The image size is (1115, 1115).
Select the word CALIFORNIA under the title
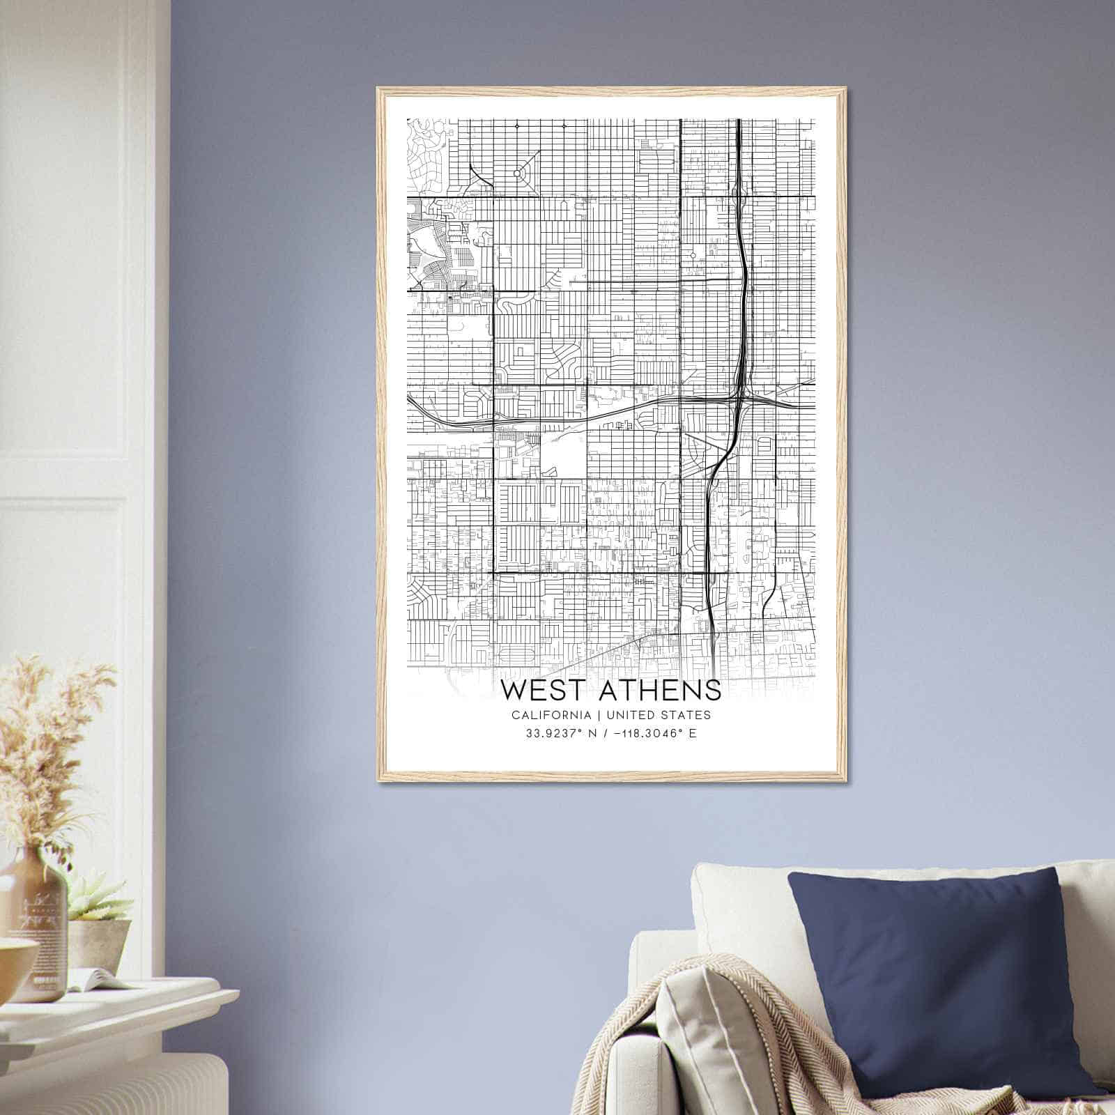pyautogui.click(x=551, y=715)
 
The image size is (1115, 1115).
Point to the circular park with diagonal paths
pyautogui.click(x=517, y=173)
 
